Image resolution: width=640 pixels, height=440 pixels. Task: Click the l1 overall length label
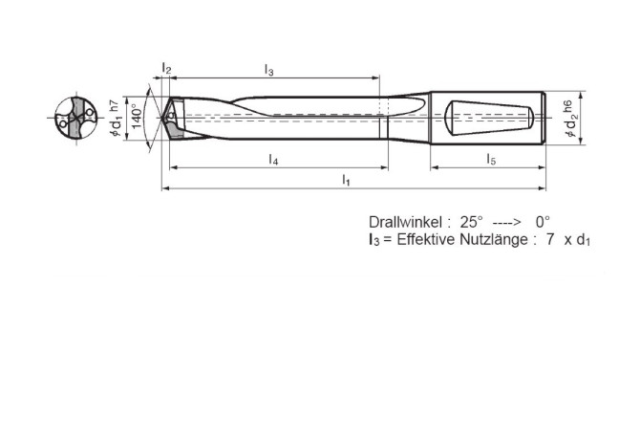(347, 181)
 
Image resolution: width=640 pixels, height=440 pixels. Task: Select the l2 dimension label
(166, 70)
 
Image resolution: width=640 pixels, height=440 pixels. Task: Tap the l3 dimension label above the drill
(269, 70)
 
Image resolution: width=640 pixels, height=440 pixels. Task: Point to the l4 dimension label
(273, 159)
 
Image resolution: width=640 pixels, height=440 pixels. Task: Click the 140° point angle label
(137, 119)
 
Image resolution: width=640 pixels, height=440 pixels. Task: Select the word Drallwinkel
(402, 220)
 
